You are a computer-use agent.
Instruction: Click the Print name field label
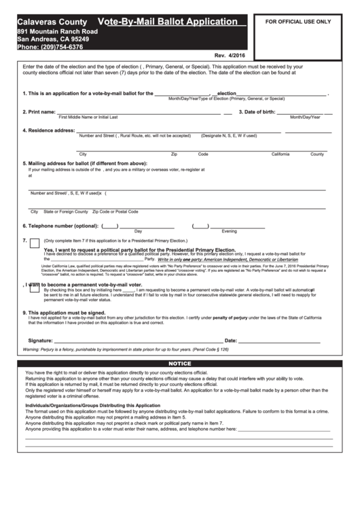(39, 111)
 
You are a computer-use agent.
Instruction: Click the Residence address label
(49, 130)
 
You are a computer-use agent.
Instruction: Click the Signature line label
(40, 340)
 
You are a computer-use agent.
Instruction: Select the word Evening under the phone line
(230, 232)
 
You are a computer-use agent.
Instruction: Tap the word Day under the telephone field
(138, 232)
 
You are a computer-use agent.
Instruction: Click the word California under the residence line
(281, 154)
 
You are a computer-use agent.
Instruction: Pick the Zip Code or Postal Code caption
(110, 211)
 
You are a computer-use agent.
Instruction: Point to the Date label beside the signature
(231, 340)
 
